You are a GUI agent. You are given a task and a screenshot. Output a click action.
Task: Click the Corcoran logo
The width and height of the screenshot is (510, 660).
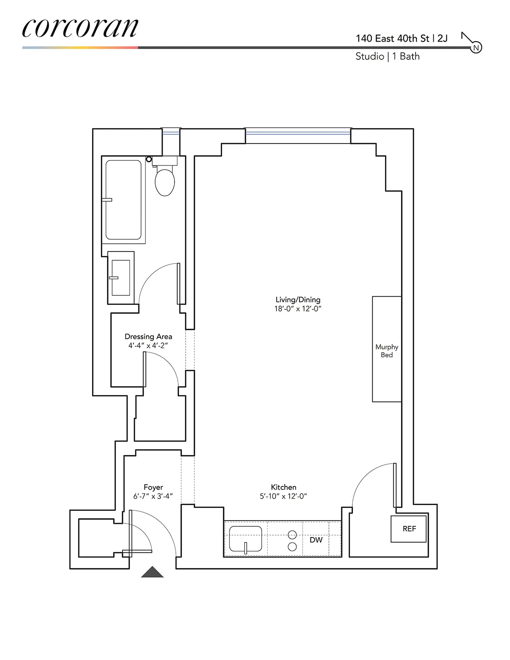[80, 28]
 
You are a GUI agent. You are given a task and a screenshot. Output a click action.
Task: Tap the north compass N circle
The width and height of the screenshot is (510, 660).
[476, 48]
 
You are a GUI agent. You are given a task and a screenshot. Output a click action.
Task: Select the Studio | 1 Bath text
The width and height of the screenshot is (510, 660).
[387, 57]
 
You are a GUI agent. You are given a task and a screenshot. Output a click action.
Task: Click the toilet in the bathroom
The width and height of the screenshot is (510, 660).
[165, 181]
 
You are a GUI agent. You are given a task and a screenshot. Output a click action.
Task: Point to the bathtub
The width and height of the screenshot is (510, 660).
[123, 200]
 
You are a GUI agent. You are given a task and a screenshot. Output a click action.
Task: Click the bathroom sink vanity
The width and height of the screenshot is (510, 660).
[121, 278]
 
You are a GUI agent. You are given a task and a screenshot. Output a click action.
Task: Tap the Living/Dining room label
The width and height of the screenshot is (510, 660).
[297, 300]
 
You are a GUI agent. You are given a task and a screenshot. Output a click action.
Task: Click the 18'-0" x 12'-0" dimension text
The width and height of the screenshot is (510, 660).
[297, 309]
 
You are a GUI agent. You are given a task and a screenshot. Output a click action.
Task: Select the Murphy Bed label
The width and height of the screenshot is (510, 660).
[387, 351]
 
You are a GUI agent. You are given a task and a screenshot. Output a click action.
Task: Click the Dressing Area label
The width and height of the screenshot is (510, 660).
[148, 337]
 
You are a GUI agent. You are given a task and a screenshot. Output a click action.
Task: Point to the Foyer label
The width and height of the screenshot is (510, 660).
[153, 487]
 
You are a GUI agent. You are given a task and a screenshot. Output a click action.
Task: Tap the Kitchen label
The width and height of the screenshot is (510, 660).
[283, 487]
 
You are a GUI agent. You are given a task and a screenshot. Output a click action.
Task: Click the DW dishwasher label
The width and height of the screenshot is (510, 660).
[316, 540]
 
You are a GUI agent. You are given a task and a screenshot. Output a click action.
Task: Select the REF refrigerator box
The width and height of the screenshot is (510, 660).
[408, 529]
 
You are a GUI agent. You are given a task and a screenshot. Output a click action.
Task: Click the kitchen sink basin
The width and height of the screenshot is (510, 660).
[246, 539]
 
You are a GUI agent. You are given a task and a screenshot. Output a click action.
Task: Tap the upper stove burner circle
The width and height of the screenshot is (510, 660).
[292, 535]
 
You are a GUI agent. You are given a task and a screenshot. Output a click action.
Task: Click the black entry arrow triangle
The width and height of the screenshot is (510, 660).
[152, 573]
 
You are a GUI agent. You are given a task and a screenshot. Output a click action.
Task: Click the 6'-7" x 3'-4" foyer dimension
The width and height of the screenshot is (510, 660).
[153, 496]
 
